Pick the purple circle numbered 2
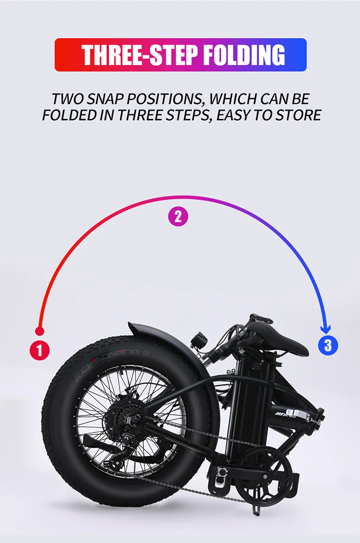[x=178, y=217]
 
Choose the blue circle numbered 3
[x=328, y=345]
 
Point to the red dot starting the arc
[x=40, y=331]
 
